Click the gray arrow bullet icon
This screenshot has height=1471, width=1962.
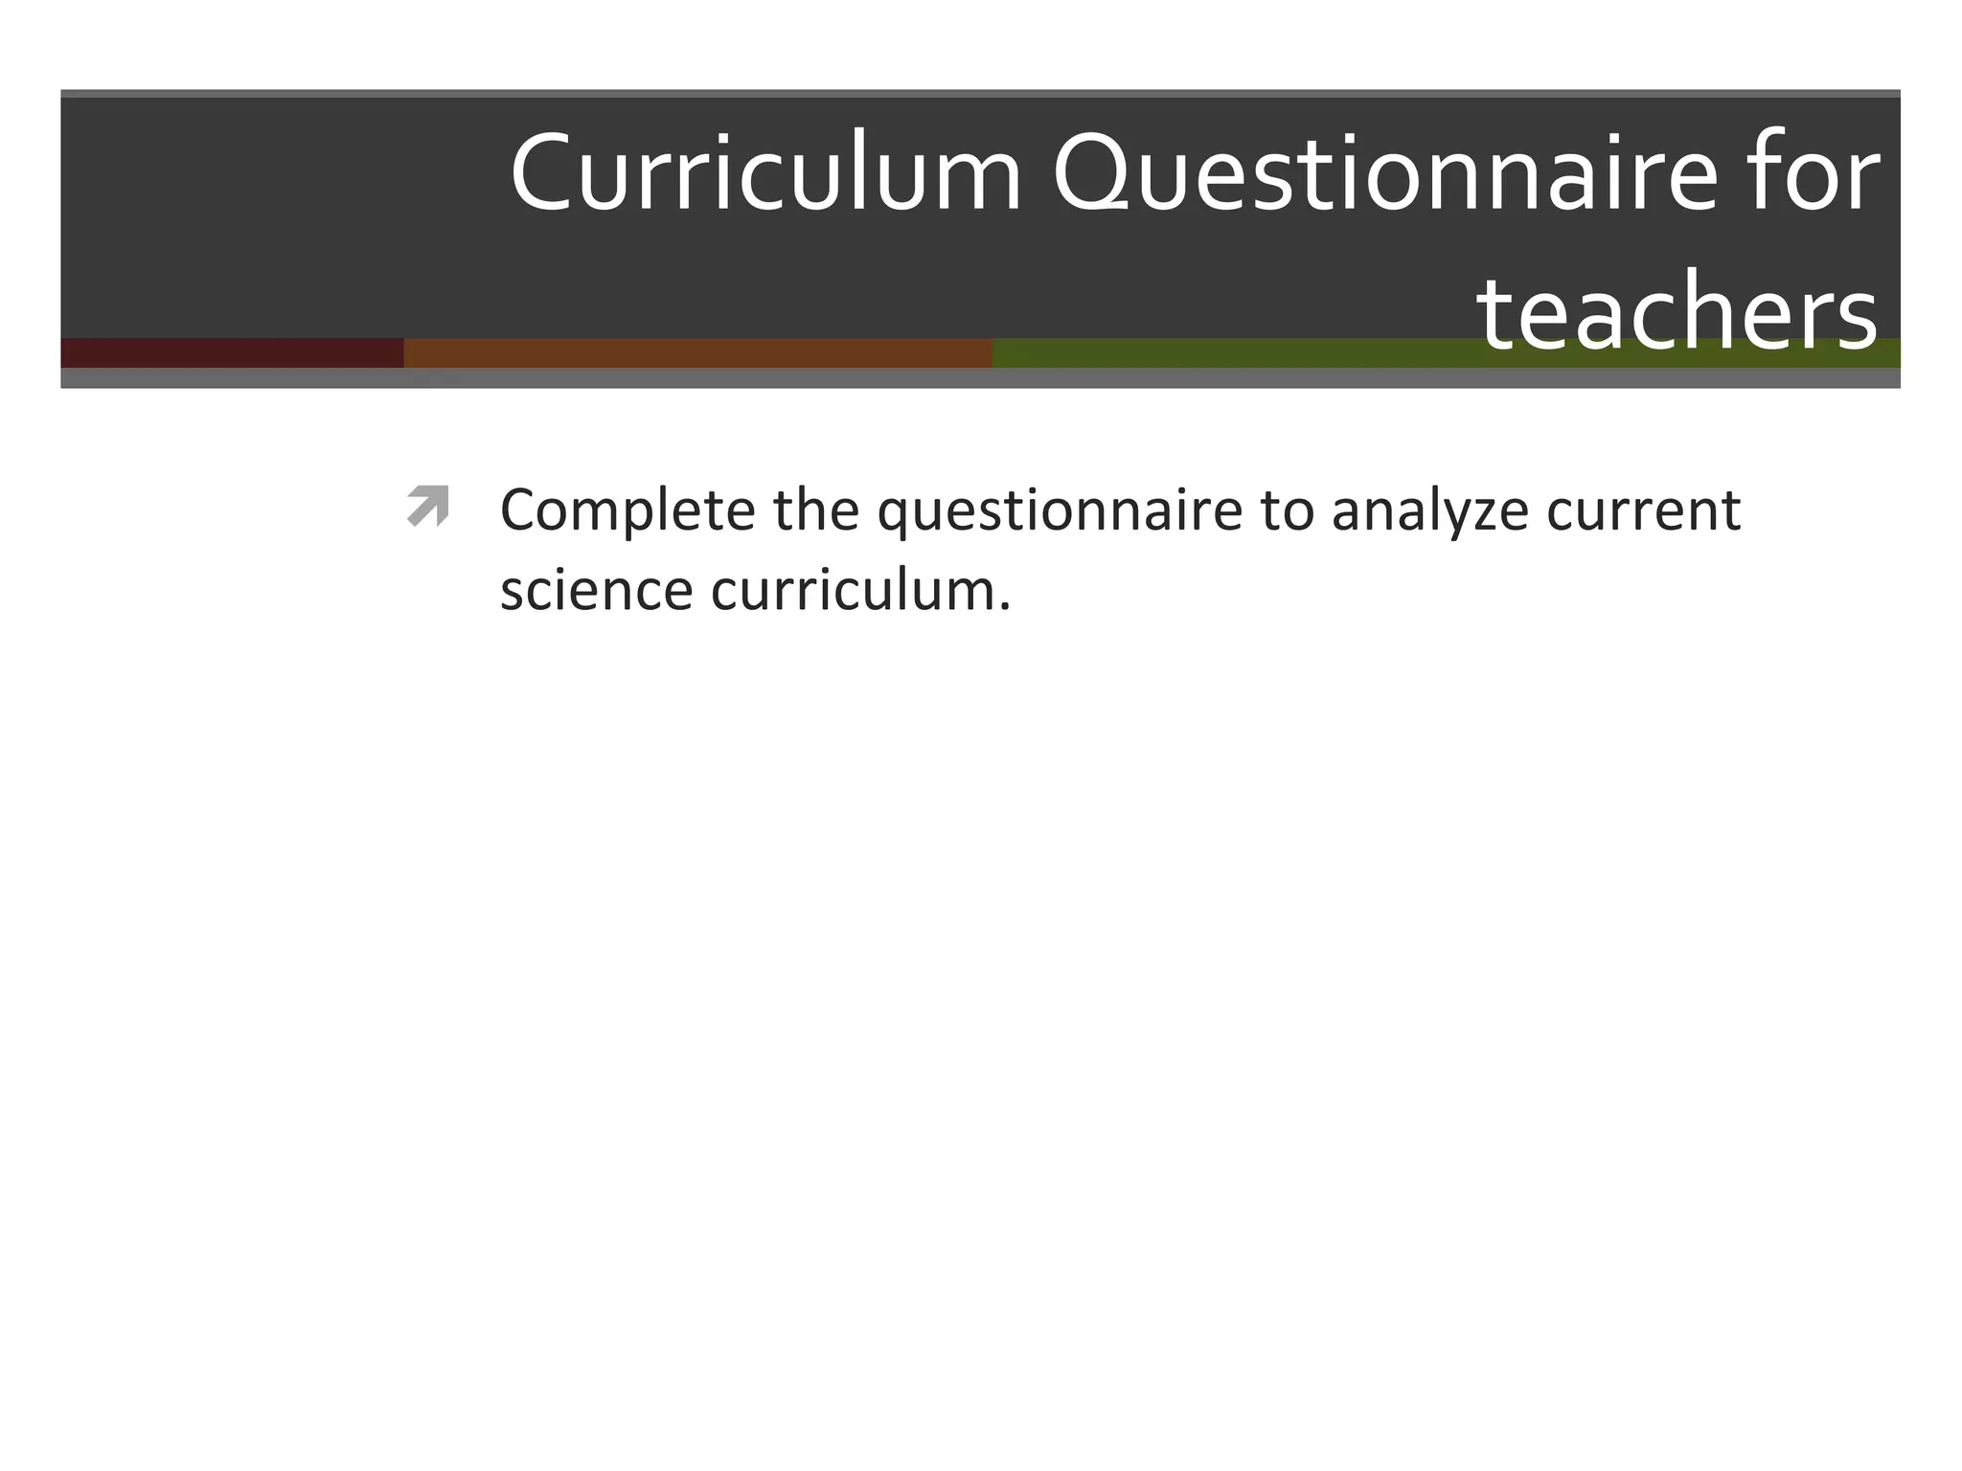point(427,506)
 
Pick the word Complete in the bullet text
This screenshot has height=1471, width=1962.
point(627,510)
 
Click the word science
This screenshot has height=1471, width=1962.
point(596,590)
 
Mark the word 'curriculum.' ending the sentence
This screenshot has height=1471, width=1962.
point(860,590)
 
